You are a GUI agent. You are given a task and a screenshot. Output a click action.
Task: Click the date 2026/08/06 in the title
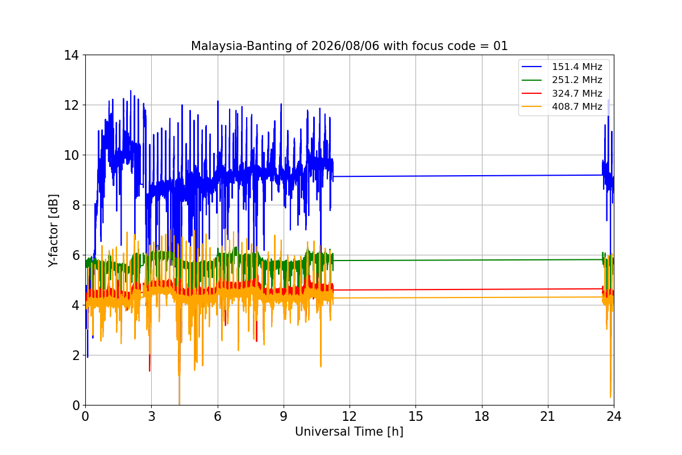pyautogui.click(x=346, y=46)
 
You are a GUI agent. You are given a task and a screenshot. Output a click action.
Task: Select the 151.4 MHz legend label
pyautogui.click(x=577, y=67)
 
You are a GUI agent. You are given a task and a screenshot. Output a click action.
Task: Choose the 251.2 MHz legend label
pyautogui.click(x=577, y=80)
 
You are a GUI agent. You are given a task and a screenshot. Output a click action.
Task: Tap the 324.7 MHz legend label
pyautogui.click(x=577, y=93)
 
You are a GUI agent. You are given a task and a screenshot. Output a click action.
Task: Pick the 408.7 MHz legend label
pyautogui.click(x=577, y=107)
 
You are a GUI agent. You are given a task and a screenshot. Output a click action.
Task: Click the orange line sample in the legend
pyautogui.click(x=531, y=106)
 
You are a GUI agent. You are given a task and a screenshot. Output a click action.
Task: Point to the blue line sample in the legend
pyautogui.click(x=531, y=67)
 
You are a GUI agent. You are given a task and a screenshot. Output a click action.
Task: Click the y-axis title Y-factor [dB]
pyautogui.click(x=53, y=231)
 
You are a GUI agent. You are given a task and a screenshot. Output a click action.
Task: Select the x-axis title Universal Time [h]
pyautogui.click(x=349, y=432)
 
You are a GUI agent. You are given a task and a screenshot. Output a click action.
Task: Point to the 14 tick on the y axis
pyautogui.click(x=71, y=56)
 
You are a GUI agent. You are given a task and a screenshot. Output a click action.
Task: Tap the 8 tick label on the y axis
pyautogui.click(x=76, y=205)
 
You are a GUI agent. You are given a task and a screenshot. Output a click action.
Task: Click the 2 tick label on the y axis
pyautogui.click(x=76, y=355)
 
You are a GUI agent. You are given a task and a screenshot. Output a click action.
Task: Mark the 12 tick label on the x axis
pyautogui.click(x=350, y=416)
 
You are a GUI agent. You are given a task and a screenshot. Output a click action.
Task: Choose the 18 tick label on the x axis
pyautogui.click(x=482, y=416)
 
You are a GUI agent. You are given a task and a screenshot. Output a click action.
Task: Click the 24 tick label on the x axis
pyautogui.click(x=614, y=416)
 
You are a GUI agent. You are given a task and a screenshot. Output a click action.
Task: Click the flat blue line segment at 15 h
pyautogui.click(x=415, y=176)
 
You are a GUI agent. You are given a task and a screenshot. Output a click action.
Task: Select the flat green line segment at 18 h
pyautogui.click(x=482, y=260)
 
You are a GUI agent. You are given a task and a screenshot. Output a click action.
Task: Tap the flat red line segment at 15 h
pyautogui.click(x=415, y=289)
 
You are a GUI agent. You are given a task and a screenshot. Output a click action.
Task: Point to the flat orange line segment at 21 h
pyautogui.click(x=548, y=297)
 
